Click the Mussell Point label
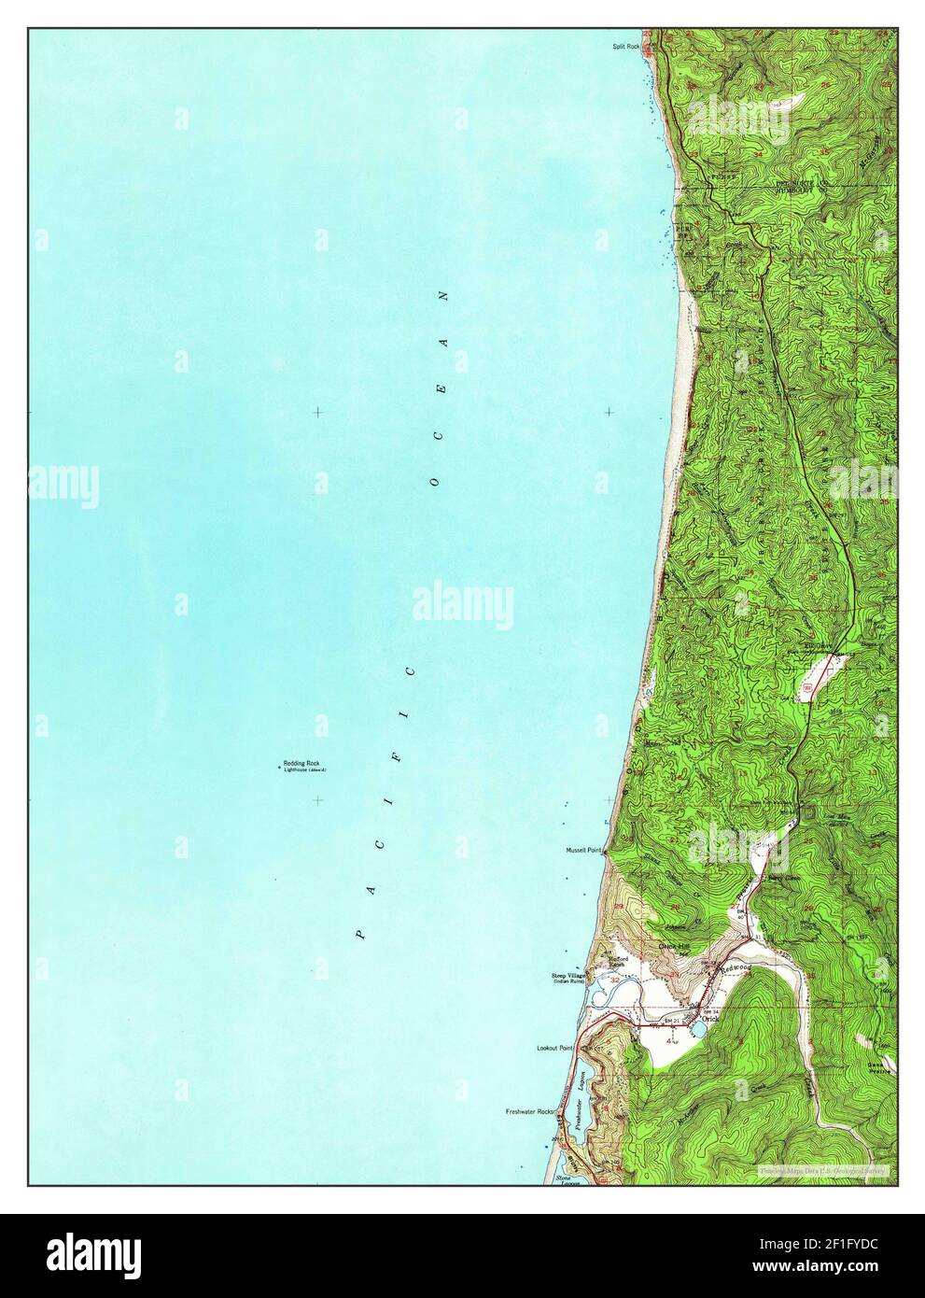click(x=583, y=852)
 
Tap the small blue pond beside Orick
click(x=696, y=1031)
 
